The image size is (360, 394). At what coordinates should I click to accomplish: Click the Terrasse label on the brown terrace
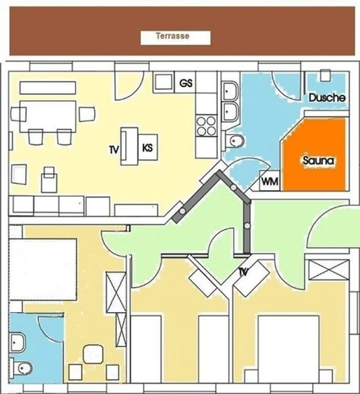pos(172,36)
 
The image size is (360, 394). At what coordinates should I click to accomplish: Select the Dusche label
pos(327,98)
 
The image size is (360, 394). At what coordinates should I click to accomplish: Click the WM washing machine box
pos(269,181)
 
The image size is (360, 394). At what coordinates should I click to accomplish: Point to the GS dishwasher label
pos(186,83)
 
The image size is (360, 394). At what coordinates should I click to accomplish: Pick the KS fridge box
pos(148,147)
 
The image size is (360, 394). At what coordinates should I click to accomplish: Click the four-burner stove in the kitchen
pos(206,126)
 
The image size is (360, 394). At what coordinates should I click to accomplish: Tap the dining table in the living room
pos(48,116)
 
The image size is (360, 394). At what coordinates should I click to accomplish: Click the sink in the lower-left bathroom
pos(17,342)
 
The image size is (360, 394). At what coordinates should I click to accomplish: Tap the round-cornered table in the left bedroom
pos(93,354)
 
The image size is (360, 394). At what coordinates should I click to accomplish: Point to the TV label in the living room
pos(114,150)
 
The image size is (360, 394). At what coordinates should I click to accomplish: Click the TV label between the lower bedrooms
pos(243,272)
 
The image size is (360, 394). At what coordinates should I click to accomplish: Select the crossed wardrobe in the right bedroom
pos(328,269)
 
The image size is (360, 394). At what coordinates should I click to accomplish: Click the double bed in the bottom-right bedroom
pos(289,349)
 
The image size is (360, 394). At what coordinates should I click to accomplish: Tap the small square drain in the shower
pos(326,75)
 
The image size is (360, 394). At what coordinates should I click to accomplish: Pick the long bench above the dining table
pos(48,88)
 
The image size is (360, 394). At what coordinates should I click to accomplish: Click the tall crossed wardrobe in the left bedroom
pos(116,292)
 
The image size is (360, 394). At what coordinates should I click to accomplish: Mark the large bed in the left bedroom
pos(43,269)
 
